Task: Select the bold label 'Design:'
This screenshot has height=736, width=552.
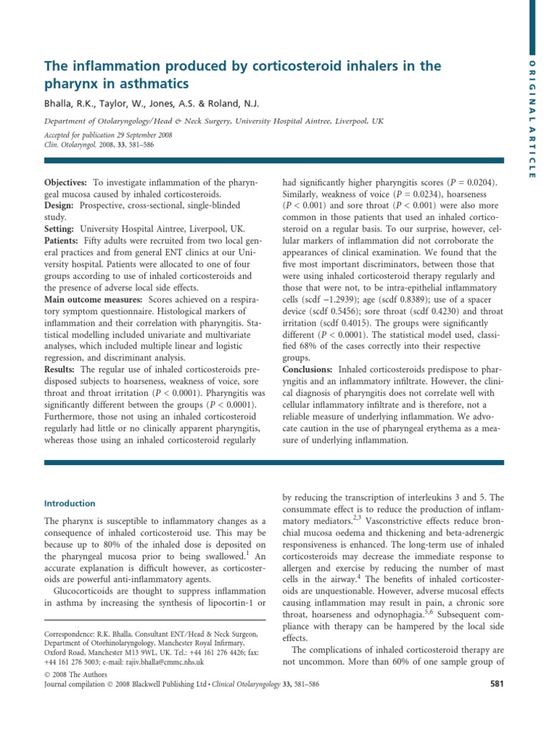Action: (61, 206)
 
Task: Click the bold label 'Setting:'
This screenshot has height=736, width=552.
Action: (63, 229)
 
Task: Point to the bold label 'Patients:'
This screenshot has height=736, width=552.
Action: (63, 240)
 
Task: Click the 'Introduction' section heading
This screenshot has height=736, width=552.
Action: (70, 503)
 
